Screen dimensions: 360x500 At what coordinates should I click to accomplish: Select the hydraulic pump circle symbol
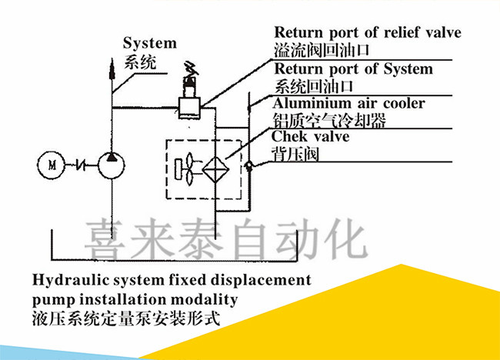[113, 164]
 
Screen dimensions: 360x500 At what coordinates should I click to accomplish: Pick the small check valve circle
[247, 164]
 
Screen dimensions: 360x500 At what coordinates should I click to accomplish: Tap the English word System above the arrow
[150, 43]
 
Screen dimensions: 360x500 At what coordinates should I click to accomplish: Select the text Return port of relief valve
[368, 33]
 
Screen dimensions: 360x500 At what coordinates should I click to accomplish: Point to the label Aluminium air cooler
[349, 103]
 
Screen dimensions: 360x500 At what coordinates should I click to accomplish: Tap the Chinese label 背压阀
[296, 153]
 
